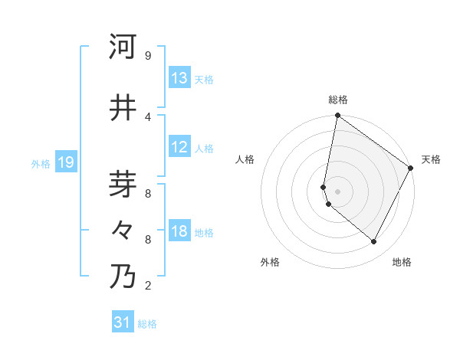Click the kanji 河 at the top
[123, 47]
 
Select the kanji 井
[123, 108]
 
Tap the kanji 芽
[123, 185]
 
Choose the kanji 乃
[123, 277]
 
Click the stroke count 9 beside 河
[147, 56]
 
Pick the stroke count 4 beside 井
[147, 116]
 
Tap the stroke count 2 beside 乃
[147, 286]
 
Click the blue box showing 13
[179, 78]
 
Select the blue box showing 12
[179, 147]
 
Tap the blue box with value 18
[179, 231]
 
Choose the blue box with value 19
[65, 162]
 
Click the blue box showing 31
[123, 322]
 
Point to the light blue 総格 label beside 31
[147, 324]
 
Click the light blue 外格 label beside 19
[41, 163]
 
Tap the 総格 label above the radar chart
[338, 100]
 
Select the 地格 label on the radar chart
[402, 262]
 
